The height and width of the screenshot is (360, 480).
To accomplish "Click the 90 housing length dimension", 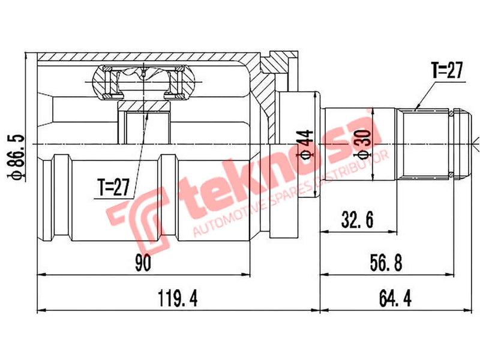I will (x=143, y=262).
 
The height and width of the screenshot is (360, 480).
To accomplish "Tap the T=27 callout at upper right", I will (x=446, y=71).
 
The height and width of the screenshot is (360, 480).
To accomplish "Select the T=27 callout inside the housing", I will (x=114, y=188).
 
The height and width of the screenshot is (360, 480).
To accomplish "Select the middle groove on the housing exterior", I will (x=167, y=198).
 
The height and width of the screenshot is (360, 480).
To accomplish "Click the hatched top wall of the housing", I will (x=144, y=57).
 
